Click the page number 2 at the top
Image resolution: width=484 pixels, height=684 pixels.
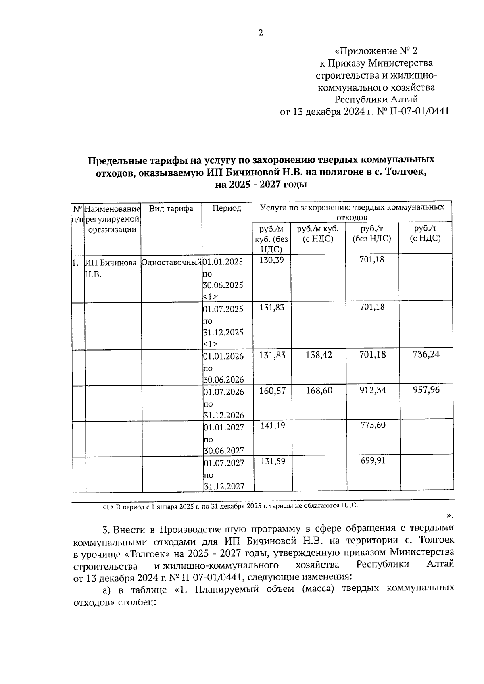click(x=261, y=33)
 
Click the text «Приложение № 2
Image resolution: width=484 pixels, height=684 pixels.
click(x=376, y=51)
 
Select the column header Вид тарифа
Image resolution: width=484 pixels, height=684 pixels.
click(x=171, y=208)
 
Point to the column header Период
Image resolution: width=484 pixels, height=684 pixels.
click(x=227, y=208)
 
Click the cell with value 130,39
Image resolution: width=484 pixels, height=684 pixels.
click(x=272, y=260)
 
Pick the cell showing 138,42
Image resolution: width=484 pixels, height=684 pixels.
click(x=319, y=355)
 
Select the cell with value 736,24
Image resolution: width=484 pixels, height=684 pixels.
click(x=426, y=354)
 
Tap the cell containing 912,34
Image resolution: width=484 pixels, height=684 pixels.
click(x=372, y=390)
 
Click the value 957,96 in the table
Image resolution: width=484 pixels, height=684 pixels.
click(x=426, y=390)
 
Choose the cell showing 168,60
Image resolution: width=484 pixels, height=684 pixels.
click(x=319, y=390)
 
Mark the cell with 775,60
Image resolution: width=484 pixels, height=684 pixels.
click(x=372, y=425)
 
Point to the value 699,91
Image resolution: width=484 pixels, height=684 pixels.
click(x=372, y=460)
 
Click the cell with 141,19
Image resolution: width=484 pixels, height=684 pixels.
click(x=272, y=425)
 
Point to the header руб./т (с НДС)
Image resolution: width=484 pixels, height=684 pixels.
click(x=425, y=233)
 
